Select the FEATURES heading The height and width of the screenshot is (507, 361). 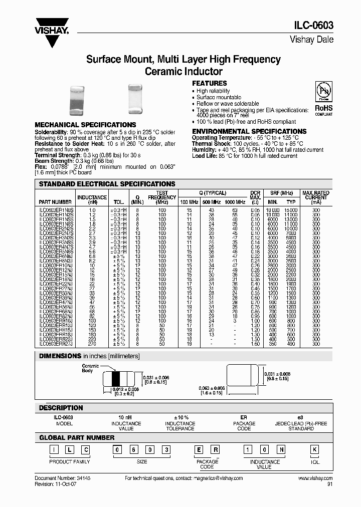210,83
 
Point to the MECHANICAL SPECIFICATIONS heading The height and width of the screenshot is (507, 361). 85,125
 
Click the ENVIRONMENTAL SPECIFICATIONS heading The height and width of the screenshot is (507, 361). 249,131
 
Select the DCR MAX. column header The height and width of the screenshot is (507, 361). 255,197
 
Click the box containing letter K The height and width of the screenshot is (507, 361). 314,449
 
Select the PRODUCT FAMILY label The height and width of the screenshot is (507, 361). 70,461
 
